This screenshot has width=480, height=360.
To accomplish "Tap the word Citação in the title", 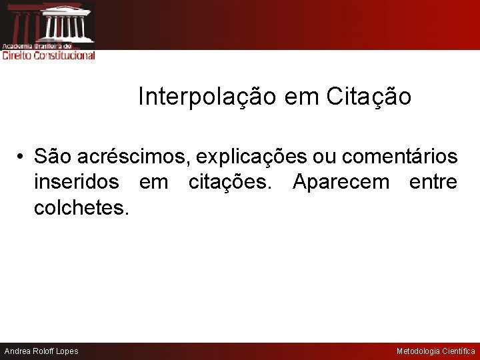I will (x=369, y=97).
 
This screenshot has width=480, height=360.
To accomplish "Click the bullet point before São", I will (x=21, y=157).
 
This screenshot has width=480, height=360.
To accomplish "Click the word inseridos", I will (x=76, y=182).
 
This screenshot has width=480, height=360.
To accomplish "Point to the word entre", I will (x=433, y=182).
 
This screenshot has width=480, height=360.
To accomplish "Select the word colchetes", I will (x=81, y=207).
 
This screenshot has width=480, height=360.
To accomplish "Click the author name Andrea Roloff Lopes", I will (x=41, y=351).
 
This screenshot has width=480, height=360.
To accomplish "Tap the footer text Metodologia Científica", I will (x=436, y=351).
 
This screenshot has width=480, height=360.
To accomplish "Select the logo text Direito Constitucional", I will (x=49, y=56).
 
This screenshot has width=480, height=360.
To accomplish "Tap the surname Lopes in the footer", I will (x=66, y=351).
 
